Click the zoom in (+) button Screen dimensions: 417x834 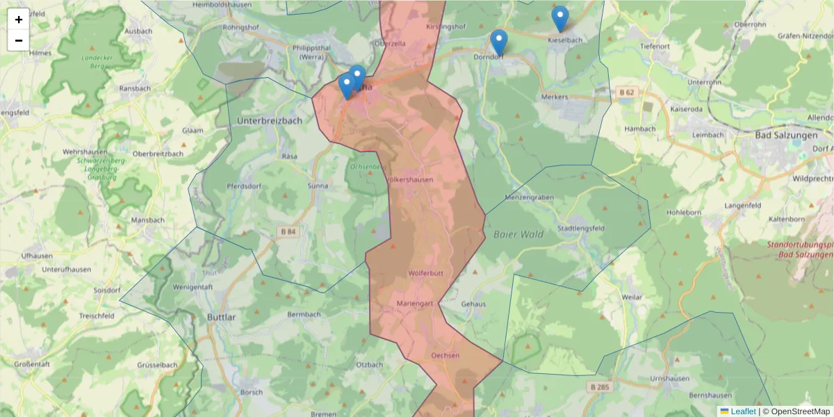[x=19, y=19]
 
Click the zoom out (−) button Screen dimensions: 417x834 [x=19, y=40]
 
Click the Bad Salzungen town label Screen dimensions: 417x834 [x=786, y=135]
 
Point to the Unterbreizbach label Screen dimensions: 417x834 [x=270, y=120]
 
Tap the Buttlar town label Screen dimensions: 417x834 [x=222, y=317]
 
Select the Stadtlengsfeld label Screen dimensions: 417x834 [x=581, y=228]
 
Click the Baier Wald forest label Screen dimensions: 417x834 [x=518, y=234]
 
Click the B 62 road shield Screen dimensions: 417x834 [x=627, y=91]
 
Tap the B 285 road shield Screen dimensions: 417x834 [x=598, y=386]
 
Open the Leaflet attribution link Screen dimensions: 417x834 [x=743, y=411]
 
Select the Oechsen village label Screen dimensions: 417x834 [x=445, y=355]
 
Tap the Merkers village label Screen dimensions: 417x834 [x=554, y=97]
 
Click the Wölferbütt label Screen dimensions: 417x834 [x=426, y=272]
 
